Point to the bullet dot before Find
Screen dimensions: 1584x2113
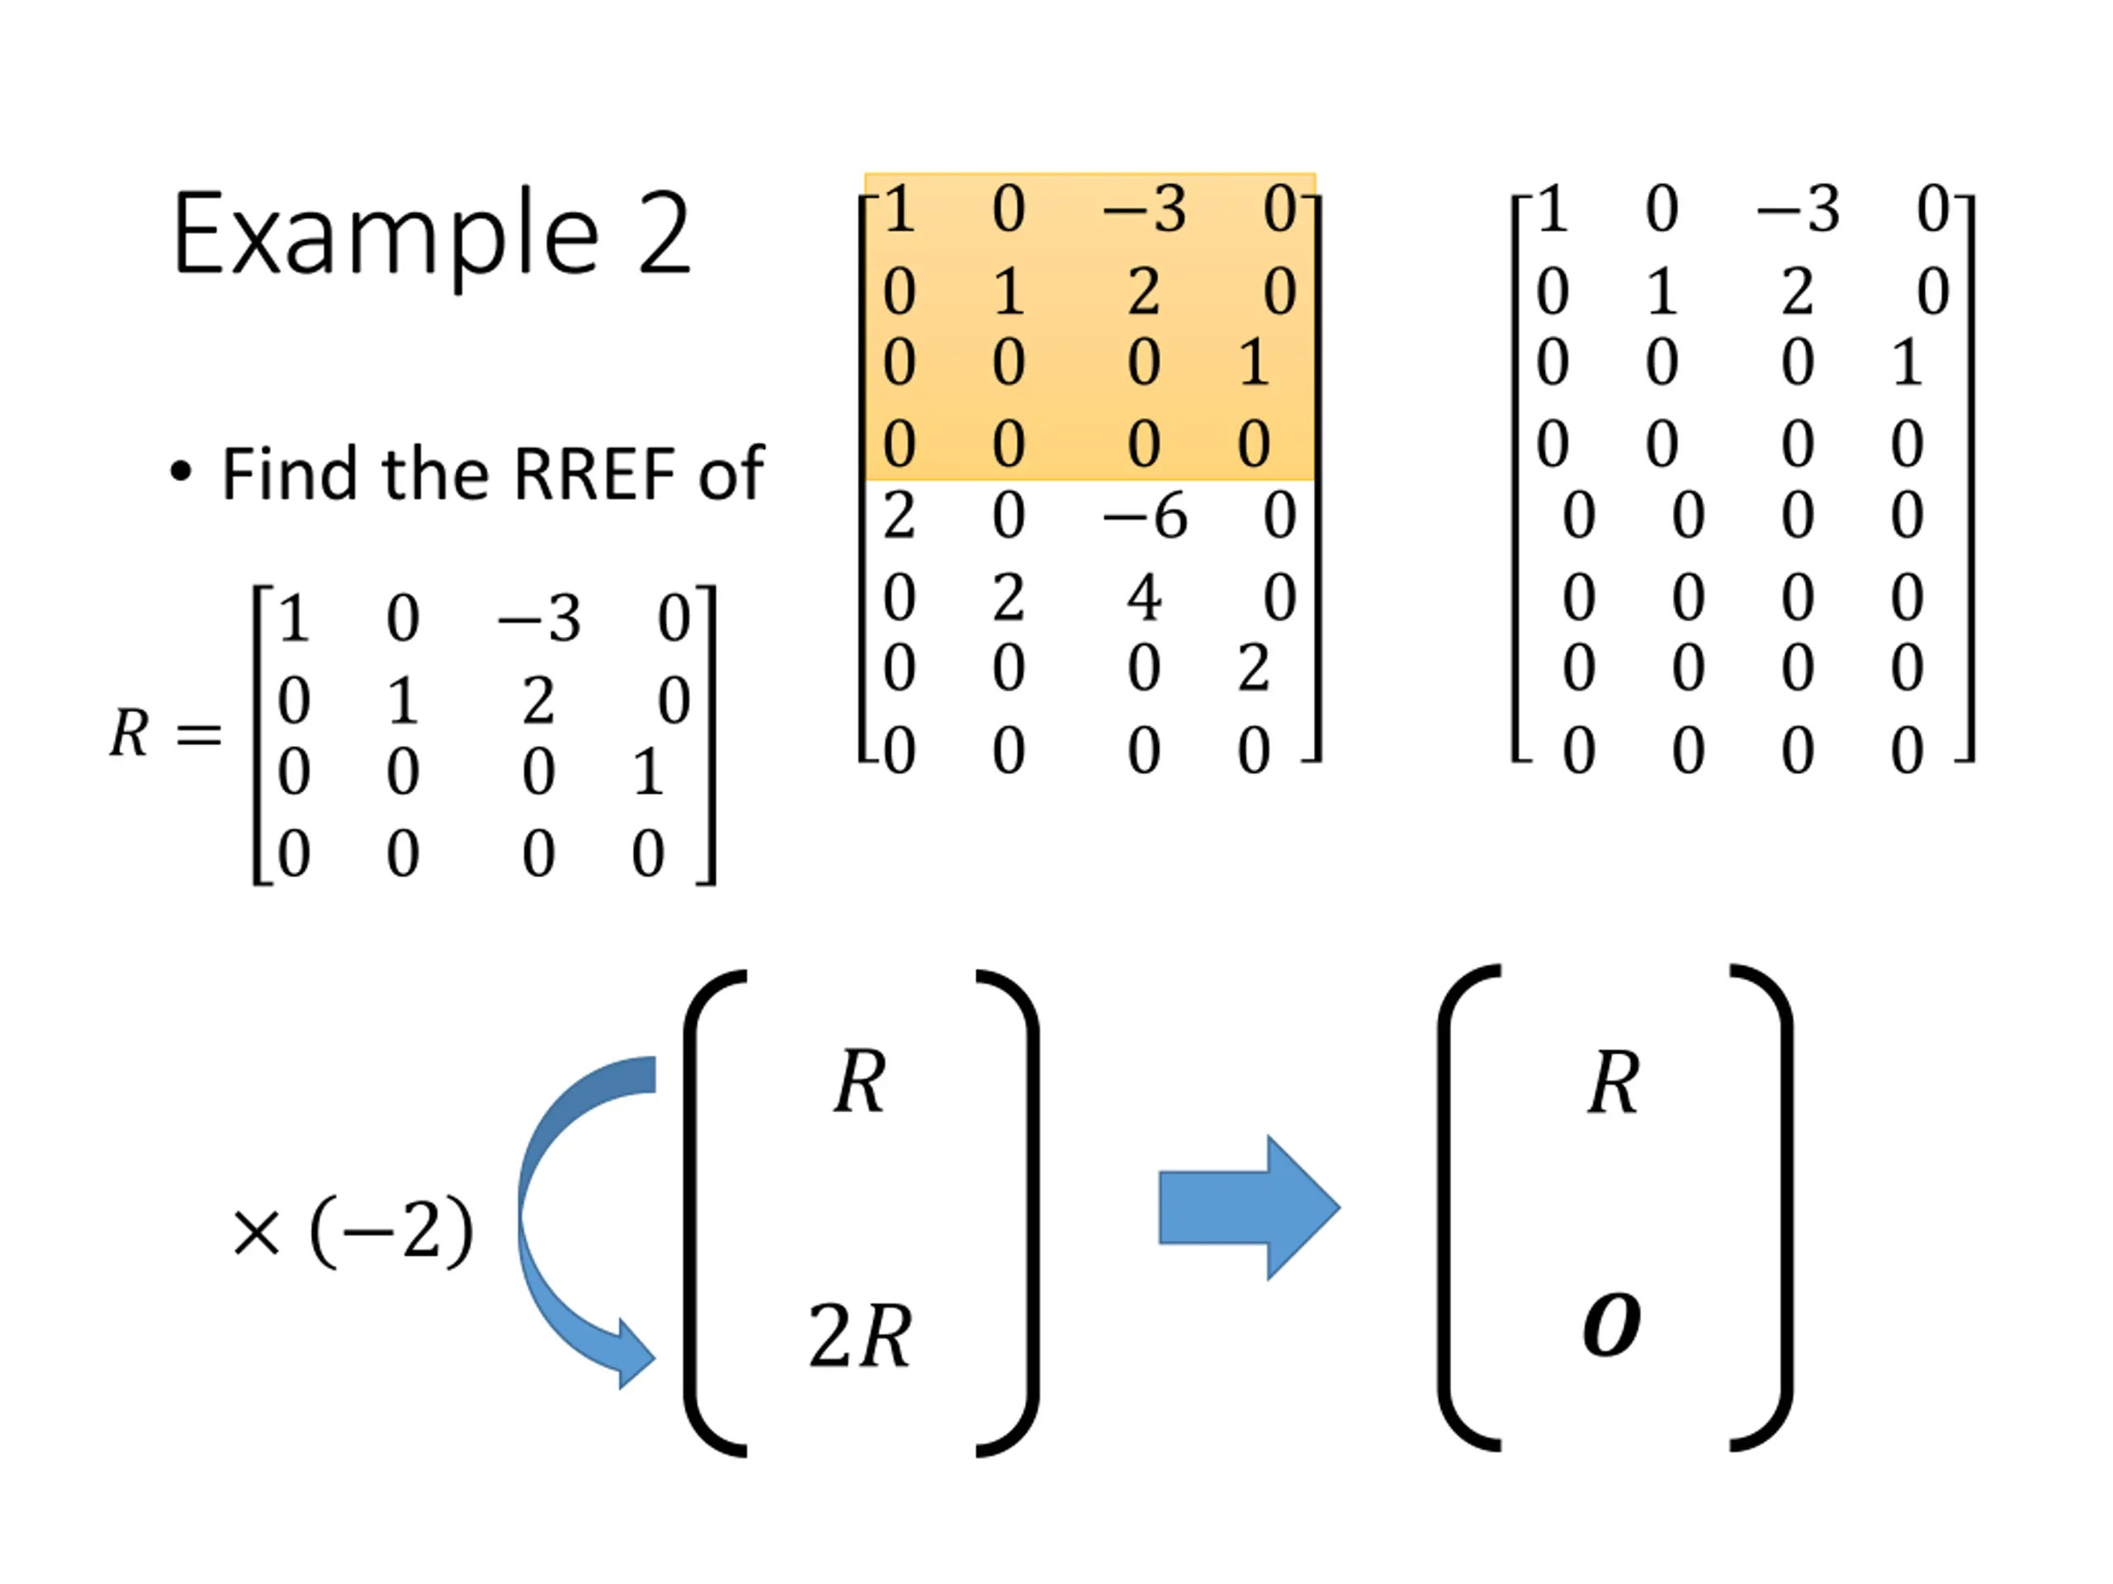[181, 471]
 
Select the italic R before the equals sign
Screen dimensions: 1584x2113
[130, 733]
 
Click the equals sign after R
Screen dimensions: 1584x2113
[199, 735]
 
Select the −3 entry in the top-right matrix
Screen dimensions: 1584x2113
[1798, 209]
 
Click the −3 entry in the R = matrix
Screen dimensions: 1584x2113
[539, 619]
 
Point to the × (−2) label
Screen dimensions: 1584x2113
[352, 1232]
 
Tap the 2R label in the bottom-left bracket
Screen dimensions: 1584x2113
[860, 1336]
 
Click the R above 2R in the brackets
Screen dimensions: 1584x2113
[860, 1082]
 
